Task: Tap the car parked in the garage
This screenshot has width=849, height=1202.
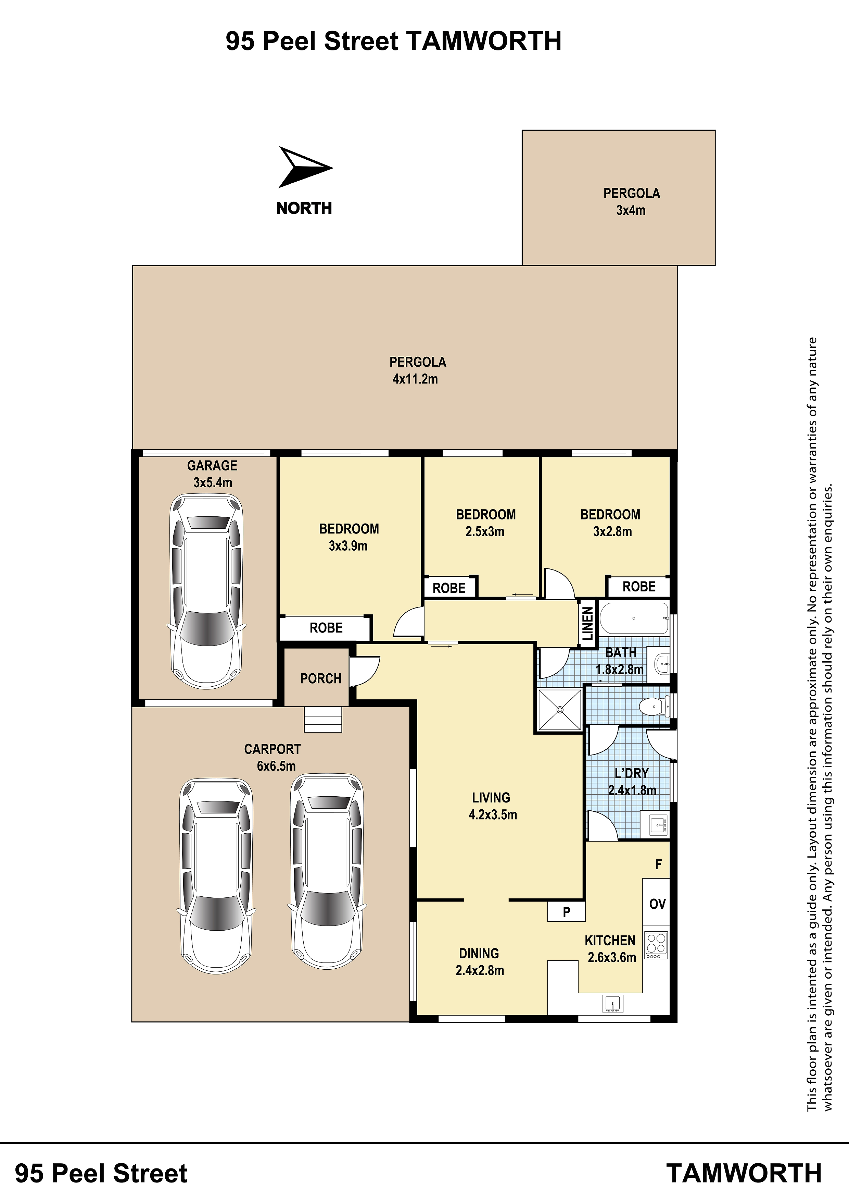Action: [x=207, y=591]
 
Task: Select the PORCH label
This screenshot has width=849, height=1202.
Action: [x=321, y=678]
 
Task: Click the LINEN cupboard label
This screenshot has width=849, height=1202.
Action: [x=587, y=624]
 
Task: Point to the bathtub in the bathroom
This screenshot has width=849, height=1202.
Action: [x=634, y=618]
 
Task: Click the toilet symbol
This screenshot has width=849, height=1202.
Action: [x=655, y=707]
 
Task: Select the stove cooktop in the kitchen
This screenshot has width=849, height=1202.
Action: [x=656, y=945]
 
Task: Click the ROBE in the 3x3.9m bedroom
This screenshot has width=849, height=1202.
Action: [x=326, y=628]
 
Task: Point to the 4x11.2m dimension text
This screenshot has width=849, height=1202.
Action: [x=415, y=379]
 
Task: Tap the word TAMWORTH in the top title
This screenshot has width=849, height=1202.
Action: [x=483, y=41]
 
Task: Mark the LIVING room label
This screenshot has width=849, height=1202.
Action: [x=491, y=798]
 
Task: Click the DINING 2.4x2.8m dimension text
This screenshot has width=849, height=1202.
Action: [x=480, y=970]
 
